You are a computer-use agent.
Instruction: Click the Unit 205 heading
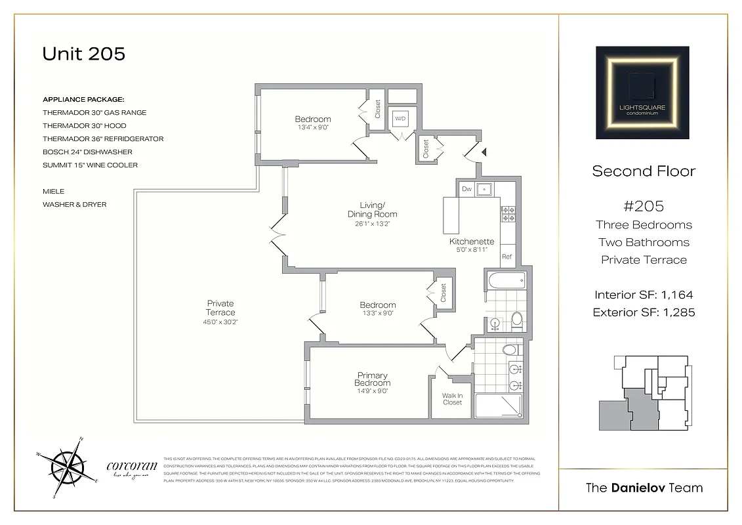click(83, 54)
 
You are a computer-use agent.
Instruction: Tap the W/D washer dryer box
click(400, 119)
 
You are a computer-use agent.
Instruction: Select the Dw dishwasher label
click(466, 189)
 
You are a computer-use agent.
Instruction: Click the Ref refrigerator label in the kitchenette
click(506, 257)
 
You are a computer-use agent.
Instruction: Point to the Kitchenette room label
click(472, 241)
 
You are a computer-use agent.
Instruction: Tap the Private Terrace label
click(220, 308)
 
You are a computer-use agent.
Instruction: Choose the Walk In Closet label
click(452, 399)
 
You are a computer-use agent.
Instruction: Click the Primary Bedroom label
click(373, 379)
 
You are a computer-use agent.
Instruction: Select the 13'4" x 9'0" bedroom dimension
click(312, 127)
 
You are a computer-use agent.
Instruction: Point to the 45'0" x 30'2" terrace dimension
click(220, 322)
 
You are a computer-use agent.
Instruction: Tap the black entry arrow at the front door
click(484, 152)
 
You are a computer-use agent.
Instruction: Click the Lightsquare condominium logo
click(642, 93)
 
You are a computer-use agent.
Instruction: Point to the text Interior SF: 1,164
click(643, 295)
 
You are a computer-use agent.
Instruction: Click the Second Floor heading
click(643, 171)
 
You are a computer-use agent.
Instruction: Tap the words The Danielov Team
click(643, 488)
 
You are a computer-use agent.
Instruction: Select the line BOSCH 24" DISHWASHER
click(87, 152)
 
